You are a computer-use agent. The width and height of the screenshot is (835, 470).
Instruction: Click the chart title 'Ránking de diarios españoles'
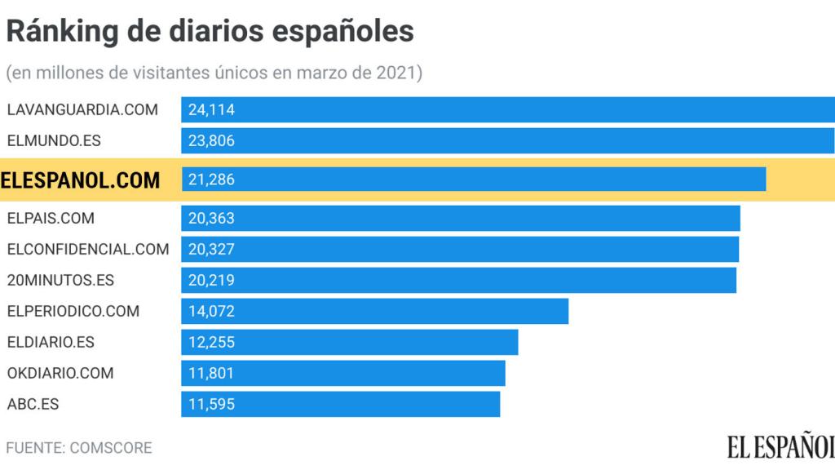(x=210, y=31)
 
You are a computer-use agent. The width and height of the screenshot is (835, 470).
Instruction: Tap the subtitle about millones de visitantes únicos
(x=214, y=73)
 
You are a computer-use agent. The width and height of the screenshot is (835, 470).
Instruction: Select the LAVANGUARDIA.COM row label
(x=82, y=109)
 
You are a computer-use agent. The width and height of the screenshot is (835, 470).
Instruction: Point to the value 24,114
(x=211, y=109)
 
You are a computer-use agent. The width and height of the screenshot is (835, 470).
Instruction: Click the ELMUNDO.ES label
(x=54, y=140)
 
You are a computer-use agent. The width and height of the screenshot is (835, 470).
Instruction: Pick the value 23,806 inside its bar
(x=211, y=140)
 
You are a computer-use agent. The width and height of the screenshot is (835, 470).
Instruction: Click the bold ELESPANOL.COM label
(x=81, y=180)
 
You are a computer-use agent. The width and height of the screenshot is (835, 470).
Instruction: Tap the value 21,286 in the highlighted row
(x=211, y=180)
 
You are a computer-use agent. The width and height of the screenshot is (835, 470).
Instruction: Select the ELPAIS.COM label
(x=51, y=219)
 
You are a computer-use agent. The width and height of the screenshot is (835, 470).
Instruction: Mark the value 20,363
(x=211, y=219)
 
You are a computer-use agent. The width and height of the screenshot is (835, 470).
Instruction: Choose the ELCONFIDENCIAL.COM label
(x=88, y=249)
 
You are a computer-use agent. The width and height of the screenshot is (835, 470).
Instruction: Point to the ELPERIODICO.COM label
(x=73, y=311)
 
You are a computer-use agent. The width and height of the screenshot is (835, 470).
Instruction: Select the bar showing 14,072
(x=374, y=311)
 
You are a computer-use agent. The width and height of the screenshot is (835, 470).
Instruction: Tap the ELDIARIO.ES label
(x=51, y=342)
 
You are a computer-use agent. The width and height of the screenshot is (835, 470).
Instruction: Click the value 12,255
(x=211, y=342)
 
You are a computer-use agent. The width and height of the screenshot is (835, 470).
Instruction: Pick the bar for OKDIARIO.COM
(x=342, y=373)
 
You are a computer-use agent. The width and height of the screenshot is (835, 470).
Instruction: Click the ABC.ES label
(x=33, y=404)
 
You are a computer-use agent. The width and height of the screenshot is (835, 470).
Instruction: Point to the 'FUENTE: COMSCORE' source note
(x=79, y=448)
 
